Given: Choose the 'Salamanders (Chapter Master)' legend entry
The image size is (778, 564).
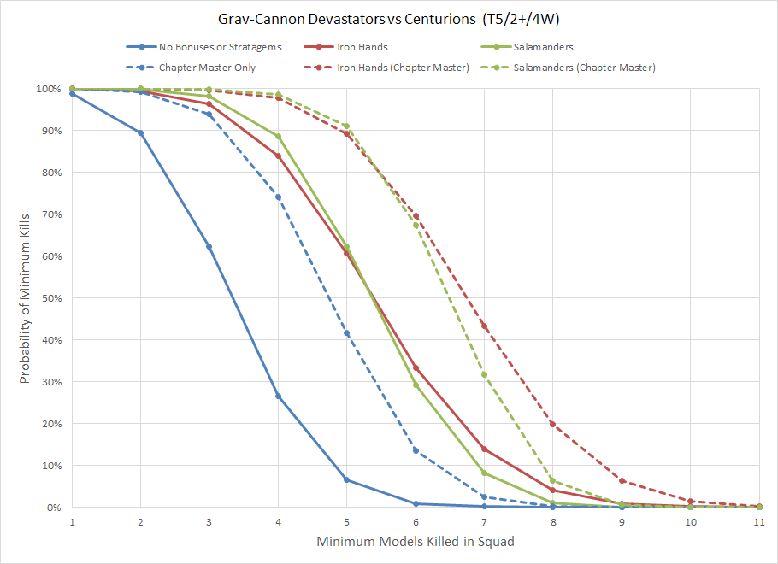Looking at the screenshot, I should tap(585, 68).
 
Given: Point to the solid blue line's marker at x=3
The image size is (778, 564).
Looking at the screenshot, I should tap(209, 246).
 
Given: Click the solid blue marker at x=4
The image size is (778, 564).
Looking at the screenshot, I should tap(278, 397).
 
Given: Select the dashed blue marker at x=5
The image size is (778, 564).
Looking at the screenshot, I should tap(346, 333).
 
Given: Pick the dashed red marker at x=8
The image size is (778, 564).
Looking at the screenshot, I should tap(553, 424).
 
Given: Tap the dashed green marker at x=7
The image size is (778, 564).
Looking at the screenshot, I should tap(484, 374).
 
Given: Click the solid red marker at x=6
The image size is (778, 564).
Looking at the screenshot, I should tap(416, 368).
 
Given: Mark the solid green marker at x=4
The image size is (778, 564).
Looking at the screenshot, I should tap(278, 137).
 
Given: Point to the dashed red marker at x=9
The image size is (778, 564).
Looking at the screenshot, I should tap(622, 481).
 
